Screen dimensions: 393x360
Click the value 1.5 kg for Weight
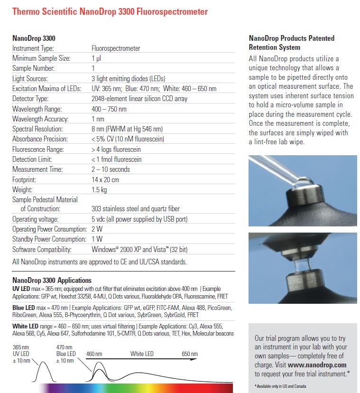[x=99, y=189]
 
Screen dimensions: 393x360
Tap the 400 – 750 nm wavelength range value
[x=109, y=109]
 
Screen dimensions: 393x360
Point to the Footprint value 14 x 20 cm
[x=105, y=179]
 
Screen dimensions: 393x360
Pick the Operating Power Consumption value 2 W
[x=96, y=229]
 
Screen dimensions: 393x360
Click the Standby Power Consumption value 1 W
[x=96, y=239]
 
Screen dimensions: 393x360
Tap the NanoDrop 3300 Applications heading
[x=52, y=280]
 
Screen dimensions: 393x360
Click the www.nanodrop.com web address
[x=317, y=365]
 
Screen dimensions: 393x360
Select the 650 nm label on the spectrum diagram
[x=190, y=354]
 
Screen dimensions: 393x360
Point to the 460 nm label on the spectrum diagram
[x=94, y=354]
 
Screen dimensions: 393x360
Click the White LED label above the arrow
[x=142, y=354]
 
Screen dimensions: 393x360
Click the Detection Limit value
[x=116, y=159]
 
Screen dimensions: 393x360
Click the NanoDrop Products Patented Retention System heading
[x=291, y=43]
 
